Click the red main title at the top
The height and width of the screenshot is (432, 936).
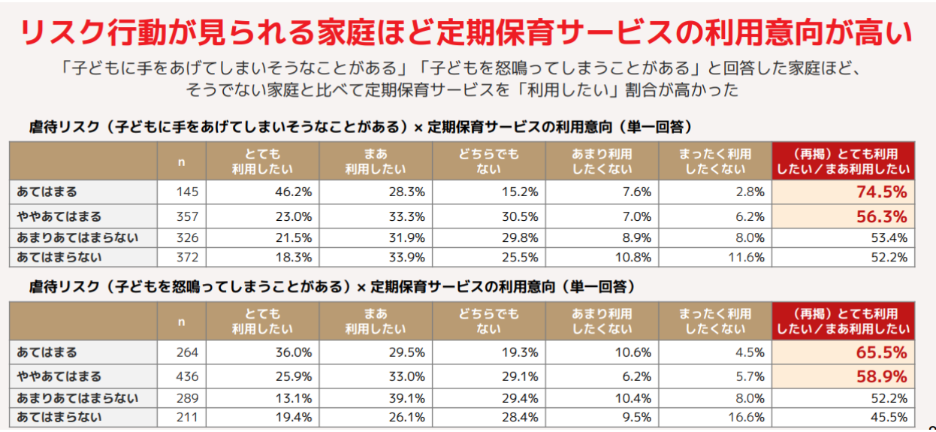(x=466, y=33)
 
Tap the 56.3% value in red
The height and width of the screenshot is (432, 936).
(x=882, y=216)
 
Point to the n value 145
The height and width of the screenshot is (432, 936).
(x=187, y=192)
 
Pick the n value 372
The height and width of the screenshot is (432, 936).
(x=187, y=258)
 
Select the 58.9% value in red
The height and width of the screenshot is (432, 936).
(x=882, y=376)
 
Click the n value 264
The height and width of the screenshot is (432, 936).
(x=187, y=352)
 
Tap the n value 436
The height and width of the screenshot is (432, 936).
(x=187, y=376)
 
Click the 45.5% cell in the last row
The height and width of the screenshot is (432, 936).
(x=889, y=417)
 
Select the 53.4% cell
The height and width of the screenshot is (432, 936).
(x=889, y=238)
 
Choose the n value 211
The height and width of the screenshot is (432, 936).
(x=187, y=417)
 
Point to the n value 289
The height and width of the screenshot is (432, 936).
(x=187, y=398)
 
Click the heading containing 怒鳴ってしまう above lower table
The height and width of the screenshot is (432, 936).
(x=331, y=287)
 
